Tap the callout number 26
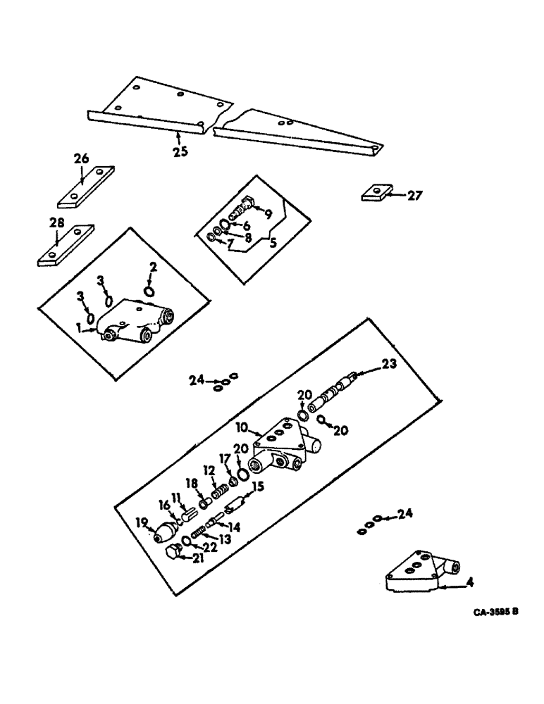82,159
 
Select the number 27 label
414,196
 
